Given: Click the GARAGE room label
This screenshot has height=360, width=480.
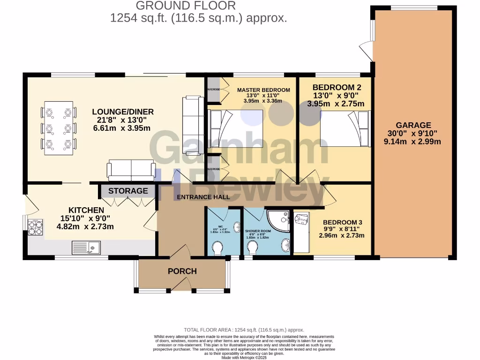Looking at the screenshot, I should tap(413, 125).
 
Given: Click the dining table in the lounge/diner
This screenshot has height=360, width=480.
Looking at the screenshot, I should tap(59, 127).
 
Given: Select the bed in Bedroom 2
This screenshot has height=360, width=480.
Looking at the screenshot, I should tap(345, 128).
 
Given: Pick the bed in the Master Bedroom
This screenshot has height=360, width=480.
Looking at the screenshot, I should tap(237, 128).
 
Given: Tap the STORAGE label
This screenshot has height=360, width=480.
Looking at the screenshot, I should tap(128, 191).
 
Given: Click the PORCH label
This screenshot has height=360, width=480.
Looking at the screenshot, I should tap(182, 271).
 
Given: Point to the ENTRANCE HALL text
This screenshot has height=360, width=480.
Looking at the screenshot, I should tap(203, 197).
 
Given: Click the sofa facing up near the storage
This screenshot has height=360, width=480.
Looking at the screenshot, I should tap(131, 170).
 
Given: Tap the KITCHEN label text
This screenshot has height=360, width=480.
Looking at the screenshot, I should tap(86, 210).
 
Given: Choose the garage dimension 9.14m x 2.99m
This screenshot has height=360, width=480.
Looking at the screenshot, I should tap(413, 141).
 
